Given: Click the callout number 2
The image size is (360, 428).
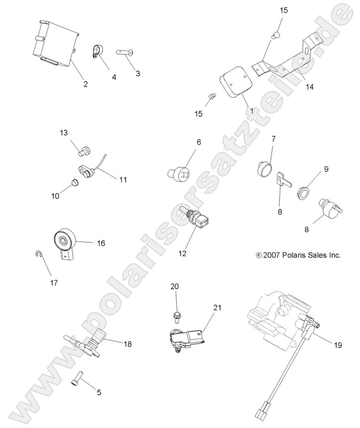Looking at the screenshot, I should (x=85, y=84).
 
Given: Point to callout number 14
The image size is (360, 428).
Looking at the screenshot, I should (x=309, y=88).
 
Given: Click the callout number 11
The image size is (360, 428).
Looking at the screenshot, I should (x=123, y=179).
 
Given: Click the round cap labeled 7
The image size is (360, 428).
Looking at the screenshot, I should (x=264, y=168).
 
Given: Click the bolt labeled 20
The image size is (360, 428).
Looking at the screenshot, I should (x=175, y=313).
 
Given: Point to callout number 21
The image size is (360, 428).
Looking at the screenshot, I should (x=216, y=308).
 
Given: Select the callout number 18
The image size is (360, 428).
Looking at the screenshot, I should (x=127, y=343).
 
